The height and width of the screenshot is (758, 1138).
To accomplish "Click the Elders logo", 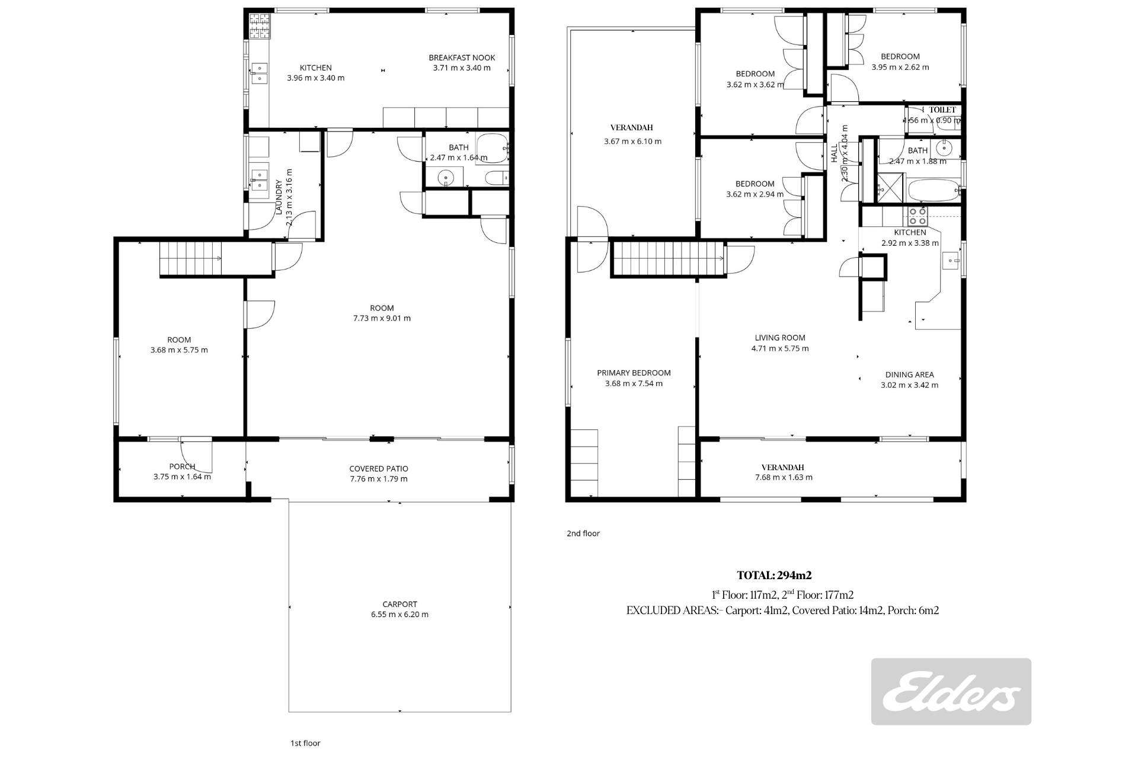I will [x=951, y=691].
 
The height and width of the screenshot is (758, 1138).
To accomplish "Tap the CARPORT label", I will [x=399, y=604].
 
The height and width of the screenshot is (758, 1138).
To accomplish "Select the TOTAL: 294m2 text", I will [x=773, y=575].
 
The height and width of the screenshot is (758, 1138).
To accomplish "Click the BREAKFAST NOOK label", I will [x=462, y=57].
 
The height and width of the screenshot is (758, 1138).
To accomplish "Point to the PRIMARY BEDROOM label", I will [x=634, y=372].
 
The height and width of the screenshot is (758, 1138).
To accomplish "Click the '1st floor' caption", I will [x=305, y=743].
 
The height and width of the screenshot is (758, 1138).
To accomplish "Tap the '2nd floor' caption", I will [x=583, y=533].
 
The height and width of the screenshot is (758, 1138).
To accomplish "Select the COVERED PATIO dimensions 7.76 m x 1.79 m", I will [x=378, y=478].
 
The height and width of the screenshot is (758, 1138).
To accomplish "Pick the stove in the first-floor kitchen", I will [x=259, y=25].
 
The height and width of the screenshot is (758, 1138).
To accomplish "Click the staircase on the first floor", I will [x=190, y=258].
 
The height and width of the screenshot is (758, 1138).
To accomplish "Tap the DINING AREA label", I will [x=909, y=374].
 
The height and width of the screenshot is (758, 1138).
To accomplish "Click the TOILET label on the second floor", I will [x=942, y=110].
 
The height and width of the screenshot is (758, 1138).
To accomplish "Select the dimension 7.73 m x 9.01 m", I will [x=381, y=318].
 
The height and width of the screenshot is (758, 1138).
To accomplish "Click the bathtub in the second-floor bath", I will [x=932, y=191].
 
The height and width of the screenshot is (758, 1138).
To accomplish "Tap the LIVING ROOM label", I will [x=779, y=338].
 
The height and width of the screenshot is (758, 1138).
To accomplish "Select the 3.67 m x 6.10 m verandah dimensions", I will [x=632, y=141].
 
